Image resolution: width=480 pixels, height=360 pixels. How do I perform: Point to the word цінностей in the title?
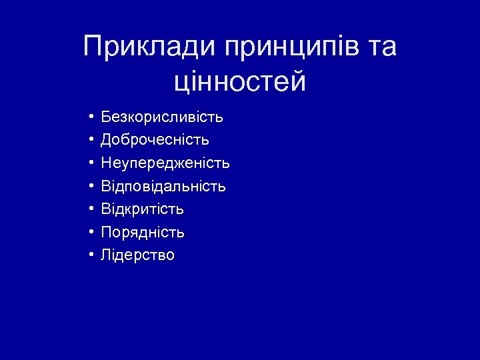click(240, 83)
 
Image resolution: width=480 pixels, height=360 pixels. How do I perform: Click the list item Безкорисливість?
click(162, 118)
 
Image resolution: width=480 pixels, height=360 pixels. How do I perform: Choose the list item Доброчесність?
click(155, 141)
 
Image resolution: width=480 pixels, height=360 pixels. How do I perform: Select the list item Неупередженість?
click(165, 163)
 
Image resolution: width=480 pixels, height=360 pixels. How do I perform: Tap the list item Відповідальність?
click(163, 186)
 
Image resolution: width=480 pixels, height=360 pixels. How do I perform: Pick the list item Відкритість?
click(142, 209)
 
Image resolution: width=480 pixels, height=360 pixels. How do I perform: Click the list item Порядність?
click(143, 233)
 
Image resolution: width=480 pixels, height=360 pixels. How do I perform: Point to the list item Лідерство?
click(137, 255)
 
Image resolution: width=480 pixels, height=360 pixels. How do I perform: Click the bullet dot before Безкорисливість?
click(90, 118)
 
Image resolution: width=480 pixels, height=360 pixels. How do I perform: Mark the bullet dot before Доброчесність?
click(90, 141)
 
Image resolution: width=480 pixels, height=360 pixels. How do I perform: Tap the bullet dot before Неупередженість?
click(90, 163)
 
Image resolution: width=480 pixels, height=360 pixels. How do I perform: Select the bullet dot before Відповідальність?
click(90, 186)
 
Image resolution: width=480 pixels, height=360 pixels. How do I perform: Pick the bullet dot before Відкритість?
click(90, 209)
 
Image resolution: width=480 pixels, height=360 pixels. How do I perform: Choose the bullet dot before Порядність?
click(90, 233)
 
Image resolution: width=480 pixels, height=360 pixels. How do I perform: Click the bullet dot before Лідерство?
click(90, 255)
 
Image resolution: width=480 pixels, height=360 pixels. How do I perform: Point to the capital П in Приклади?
click(93, 47)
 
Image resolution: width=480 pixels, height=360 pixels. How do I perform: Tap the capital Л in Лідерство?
click(105, 255)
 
